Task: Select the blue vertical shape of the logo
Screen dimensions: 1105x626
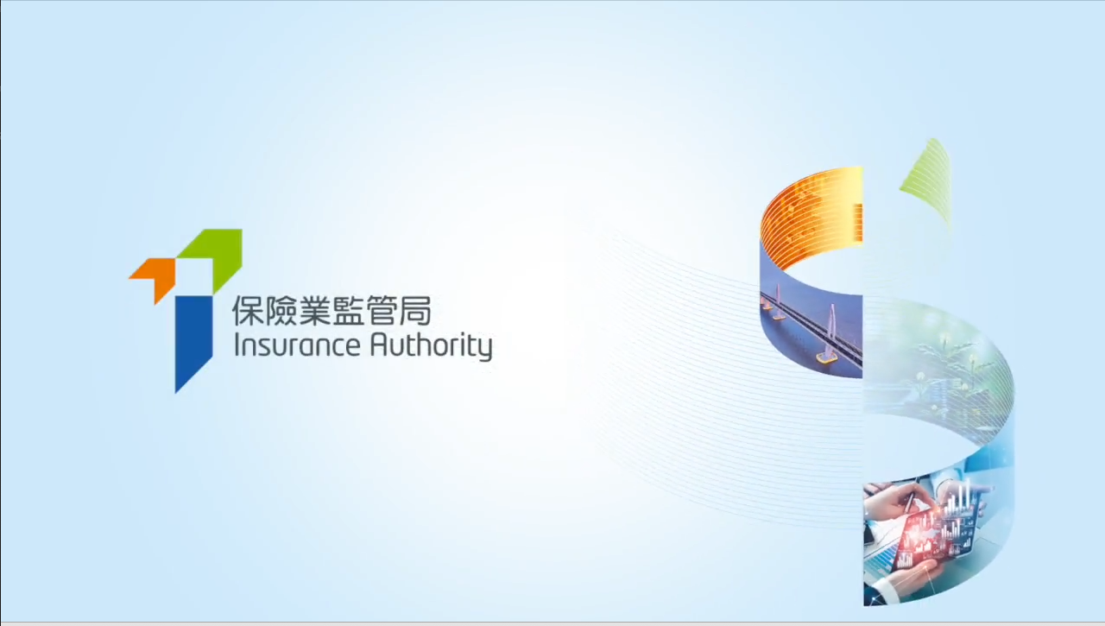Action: (x=194, y=340)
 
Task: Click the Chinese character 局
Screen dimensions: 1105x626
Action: (x=416, y=311)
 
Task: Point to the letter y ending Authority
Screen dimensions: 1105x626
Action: (x=485, y=351)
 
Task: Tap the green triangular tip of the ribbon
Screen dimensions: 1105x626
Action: (x=928, y=182)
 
